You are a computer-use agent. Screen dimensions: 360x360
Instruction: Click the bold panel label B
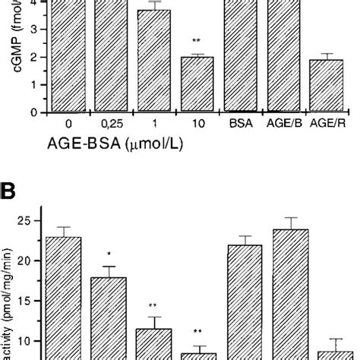[x=11, y=186]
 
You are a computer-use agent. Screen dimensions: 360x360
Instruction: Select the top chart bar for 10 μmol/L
[x=197, y=84]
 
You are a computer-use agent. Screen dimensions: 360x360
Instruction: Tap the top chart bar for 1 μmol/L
[x=153, y=61]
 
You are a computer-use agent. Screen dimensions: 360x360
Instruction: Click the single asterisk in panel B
[x=109, y=253]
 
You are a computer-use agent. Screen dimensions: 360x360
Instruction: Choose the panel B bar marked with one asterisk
[x=109, y=318]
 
